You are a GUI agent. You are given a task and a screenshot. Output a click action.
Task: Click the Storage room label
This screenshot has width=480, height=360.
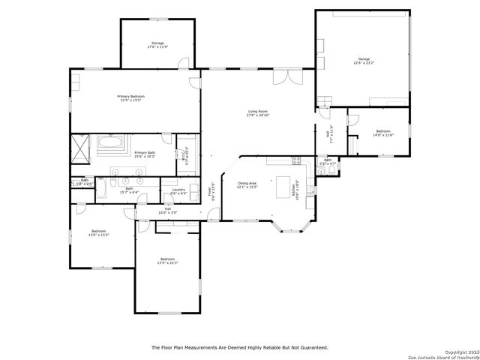157,46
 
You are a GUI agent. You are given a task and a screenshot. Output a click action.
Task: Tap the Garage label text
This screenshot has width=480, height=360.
364,60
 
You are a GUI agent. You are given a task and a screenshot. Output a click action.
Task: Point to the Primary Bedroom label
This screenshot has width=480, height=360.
130,98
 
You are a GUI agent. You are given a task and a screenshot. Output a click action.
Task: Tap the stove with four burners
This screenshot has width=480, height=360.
296,160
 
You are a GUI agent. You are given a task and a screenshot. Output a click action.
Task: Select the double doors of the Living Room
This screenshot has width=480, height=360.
282,76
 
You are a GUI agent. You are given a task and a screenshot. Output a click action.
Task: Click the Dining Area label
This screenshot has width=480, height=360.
247,184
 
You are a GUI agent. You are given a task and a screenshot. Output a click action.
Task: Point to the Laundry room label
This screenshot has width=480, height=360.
178,191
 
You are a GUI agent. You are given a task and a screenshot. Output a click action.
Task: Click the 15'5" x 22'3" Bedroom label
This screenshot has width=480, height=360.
166,261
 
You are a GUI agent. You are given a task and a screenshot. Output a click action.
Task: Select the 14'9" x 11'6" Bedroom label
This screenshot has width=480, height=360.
383,133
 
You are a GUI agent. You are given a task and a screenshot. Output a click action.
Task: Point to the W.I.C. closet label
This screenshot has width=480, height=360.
185,156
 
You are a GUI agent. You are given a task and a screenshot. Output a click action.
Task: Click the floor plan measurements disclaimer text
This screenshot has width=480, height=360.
240,347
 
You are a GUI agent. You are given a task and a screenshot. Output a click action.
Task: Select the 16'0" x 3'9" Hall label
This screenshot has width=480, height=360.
168,211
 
